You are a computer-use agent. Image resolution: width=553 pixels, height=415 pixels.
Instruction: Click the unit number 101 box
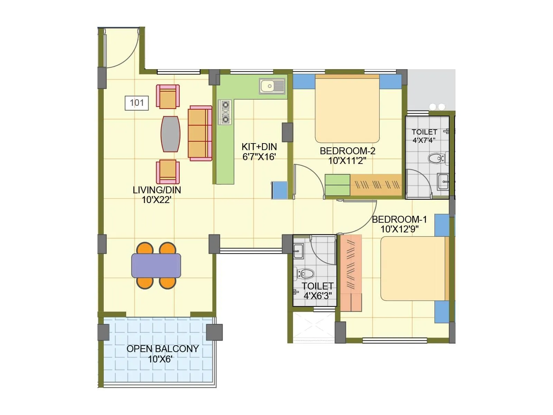pos(137,103)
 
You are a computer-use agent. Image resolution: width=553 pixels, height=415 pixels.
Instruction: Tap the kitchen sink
pos(272,86)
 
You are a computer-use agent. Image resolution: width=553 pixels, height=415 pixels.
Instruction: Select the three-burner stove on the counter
pos(225,112)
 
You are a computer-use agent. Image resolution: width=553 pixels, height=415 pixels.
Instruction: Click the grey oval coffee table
pos(170,134)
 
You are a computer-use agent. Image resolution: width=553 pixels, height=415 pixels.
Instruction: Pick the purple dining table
pos(156,265)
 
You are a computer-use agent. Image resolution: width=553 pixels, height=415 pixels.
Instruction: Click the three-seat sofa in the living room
pos(200,133)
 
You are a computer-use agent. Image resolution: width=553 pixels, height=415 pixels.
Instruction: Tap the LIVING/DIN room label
pos(157,190)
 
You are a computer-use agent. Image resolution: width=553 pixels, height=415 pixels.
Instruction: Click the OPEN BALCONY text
pos(162,349)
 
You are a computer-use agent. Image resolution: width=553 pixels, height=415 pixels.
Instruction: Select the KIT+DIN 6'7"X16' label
pos(259,152)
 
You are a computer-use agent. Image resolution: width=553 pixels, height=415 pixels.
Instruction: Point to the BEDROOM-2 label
pos(347,151)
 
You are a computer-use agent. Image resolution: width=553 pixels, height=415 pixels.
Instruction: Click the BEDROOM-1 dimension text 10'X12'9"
pos(399,229)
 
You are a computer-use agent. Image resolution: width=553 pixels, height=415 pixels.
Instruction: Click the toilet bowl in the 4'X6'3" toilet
pos(306,274)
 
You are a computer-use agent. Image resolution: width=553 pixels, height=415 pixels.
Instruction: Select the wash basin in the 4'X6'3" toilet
pos(298,251)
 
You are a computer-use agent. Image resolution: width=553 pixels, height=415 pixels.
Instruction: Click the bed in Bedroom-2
pos(347,109)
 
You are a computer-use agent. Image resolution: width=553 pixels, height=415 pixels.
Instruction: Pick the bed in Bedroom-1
pos(413,268)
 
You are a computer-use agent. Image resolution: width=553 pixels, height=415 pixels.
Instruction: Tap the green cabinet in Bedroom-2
pos(337,185)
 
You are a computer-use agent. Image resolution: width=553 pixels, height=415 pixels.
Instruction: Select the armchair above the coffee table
pos(168,97)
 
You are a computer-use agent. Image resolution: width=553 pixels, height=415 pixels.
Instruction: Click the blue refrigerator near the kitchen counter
pos(279,190)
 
